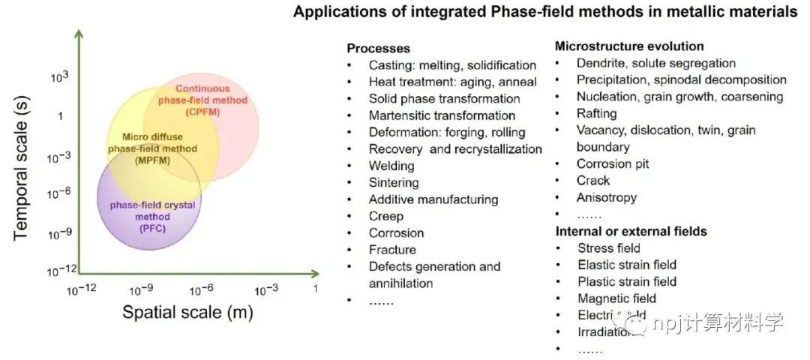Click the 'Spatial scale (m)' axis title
(187, 312)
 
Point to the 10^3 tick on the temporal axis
(59, 77)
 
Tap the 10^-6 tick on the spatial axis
(203, 289)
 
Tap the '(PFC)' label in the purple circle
(150, 229)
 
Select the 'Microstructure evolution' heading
(629, 46)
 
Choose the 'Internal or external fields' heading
(631, 231)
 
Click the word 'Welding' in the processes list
(391, 166)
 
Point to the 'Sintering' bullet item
(394, 182)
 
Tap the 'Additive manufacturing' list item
(433, 199)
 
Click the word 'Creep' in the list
(385, 216)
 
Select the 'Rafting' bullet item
(596, 113)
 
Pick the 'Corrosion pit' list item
(613, 163)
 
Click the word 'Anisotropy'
(606, 197)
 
